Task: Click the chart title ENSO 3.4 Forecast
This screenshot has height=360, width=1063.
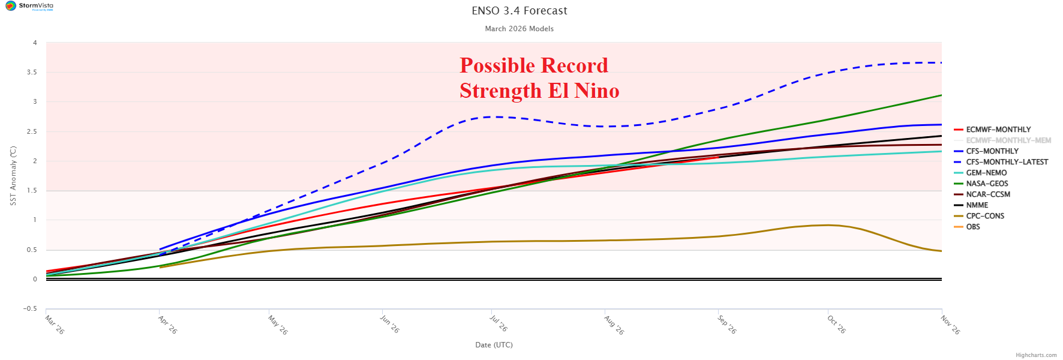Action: [x=519, y=11]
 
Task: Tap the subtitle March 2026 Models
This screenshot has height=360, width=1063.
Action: [x=519, y=29]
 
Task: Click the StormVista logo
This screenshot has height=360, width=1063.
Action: [x=29, y=6]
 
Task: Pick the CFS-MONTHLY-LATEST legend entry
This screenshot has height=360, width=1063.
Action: [x=1007, y=162]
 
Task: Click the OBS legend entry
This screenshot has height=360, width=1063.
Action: [x=972, y=227]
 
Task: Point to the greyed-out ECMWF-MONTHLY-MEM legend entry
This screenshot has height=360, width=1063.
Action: [x=1008, y=140]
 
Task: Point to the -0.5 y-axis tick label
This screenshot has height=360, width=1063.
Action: [x=30, y=309]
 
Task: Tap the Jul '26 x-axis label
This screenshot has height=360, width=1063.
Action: [x=499, y=323]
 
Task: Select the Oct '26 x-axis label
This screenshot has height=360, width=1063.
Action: [x=836, y=325]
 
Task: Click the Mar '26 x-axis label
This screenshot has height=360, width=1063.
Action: [x=55, y=325]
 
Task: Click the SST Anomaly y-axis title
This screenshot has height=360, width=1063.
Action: [x=13, y=176]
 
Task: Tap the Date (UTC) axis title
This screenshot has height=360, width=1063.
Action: [x=494, y=345]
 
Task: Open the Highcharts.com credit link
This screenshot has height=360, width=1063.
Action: [x=1036, y=355]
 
